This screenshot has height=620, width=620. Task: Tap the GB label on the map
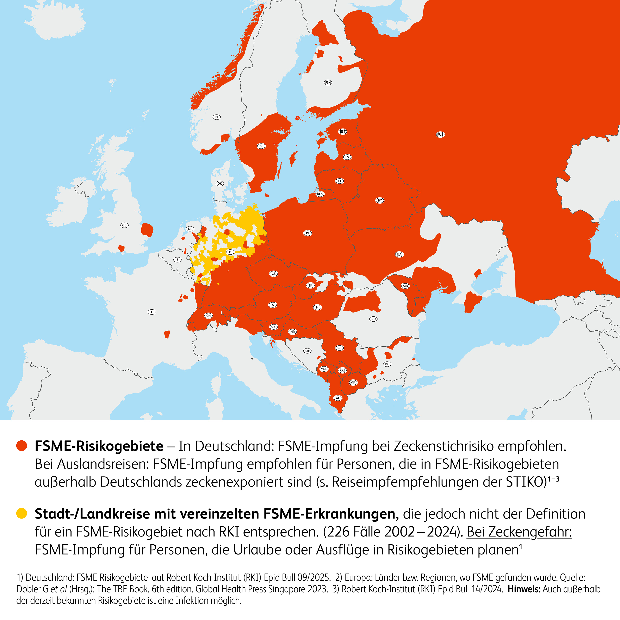click(124, 225)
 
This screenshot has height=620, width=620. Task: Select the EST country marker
click(343, 132)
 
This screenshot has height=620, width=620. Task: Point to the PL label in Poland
click(308, 233)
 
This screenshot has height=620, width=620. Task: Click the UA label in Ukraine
click(399, 254)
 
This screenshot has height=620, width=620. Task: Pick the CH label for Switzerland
click(209, 316)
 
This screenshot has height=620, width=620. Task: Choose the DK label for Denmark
click(219, 184)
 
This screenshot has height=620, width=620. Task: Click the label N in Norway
click(217, 117)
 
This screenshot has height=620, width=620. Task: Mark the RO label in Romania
click(373, 319)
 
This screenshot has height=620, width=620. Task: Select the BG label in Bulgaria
click(387, 364)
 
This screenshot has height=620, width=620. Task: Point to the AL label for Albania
click(338, 398)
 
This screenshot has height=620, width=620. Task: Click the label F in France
click(152, 312)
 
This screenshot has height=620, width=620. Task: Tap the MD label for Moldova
click(405, 286)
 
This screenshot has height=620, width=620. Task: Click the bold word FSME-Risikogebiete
click(99, 446)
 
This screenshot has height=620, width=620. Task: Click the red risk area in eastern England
click(147, 230)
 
